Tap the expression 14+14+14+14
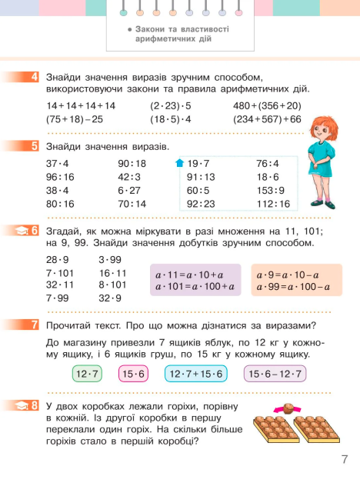point(81,106)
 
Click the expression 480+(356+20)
point(267,106)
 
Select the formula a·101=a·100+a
point(195,288)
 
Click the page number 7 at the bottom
point(345,461)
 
